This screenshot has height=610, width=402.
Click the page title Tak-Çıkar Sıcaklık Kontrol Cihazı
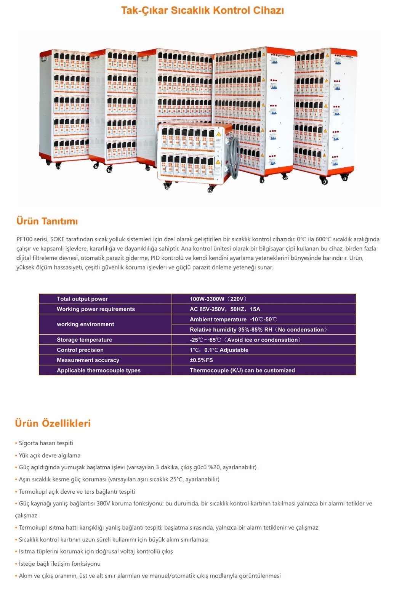point(202,10)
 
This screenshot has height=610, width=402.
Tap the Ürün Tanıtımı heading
point(47,221)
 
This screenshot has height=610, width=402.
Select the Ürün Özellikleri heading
point(53,423)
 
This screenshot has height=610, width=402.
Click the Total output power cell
point(82,299)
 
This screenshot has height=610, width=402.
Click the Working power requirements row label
point(96,309)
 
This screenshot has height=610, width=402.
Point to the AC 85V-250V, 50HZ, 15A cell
point(225,309)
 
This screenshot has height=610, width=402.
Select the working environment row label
point(85,324)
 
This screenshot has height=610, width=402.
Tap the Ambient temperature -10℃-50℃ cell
point(233,319)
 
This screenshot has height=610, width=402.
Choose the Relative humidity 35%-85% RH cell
point(258,330)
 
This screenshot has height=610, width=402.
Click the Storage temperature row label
point(84,340)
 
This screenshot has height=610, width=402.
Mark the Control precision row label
point(80,350)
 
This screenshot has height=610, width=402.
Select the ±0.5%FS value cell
point(201,360)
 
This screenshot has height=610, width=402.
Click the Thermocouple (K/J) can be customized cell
point(242,371)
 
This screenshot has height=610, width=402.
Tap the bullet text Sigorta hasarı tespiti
point(46,443)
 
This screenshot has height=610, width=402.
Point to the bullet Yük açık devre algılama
point(50,455)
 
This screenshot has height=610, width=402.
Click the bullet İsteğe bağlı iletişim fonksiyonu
point(59,563)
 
